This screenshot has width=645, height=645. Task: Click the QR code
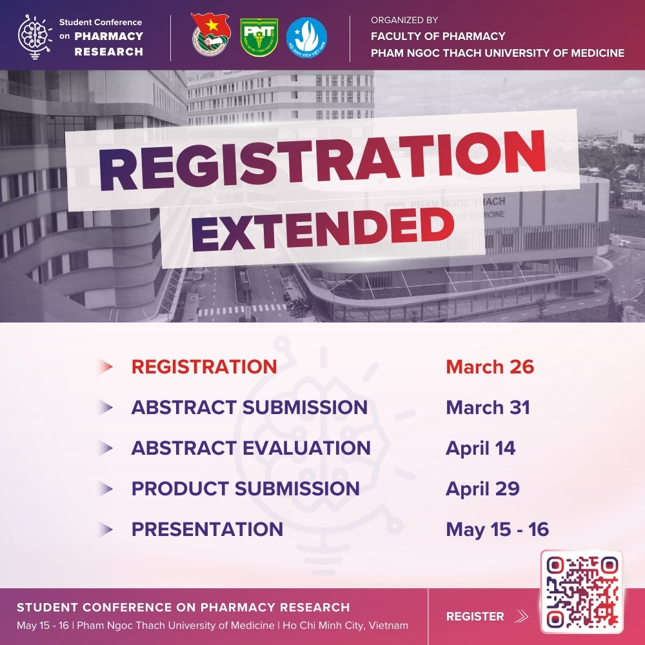coord(582,591)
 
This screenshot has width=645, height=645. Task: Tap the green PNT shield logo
coord(259,37)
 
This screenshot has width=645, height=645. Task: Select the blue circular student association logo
coord(306,37)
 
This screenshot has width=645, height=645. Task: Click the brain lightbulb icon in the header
coord(35,37)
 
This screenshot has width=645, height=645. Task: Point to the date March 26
coord(490,366)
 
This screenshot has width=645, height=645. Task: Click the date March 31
coord(488,407)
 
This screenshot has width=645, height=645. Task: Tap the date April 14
coord(481,448)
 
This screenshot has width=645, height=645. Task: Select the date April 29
coord(482,489)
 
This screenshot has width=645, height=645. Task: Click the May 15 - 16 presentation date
coord(497,530)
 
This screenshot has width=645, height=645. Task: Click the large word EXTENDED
coord(323,229)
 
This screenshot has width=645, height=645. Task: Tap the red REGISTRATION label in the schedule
coord(204,366)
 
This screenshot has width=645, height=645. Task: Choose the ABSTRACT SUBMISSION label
coord(249,407)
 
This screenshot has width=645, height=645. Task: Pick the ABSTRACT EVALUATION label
coord(251,448)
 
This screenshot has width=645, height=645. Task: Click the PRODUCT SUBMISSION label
coord(246,489)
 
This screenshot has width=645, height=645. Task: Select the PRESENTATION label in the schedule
coord(207,529)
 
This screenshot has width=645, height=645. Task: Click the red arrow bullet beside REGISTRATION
coord(105,366)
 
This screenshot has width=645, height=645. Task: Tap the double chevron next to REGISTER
coord(521,616)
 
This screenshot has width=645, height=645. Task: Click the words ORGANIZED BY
coord(404,20)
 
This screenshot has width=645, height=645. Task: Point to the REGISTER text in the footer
coord(475,616)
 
